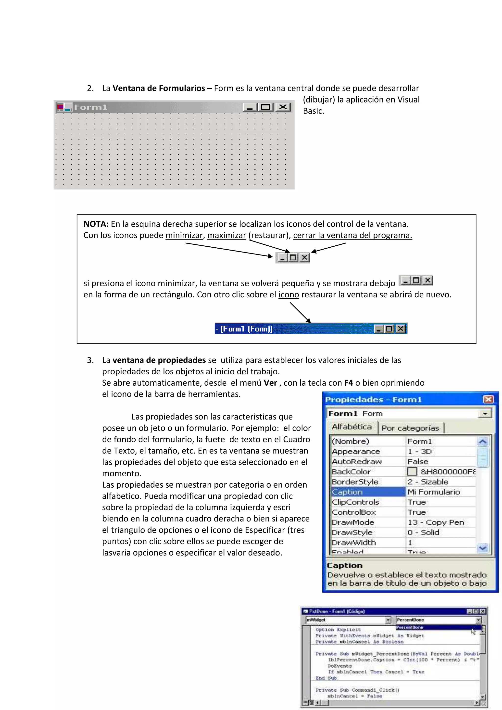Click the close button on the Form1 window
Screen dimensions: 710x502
click(283, 107)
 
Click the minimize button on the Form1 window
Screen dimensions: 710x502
click(250, 107)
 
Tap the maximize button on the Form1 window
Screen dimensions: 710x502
click(265, 107)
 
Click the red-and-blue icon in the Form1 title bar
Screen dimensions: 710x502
click(64, 107)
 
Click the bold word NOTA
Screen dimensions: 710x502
click(96, 224)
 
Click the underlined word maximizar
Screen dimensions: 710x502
click(226, 235)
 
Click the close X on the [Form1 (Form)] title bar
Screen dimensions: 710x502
click(401, 329)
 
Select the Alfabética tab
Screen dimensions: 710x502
click(352, 427)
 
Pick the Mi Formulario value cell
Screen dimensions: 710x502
click(434, 492)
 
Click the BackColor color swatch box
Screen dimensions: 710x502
click(412, 472)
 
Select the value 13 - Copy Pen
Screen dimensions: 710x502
click(436, 522)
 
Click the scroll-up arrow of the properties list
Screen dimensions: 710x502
click(483, 442)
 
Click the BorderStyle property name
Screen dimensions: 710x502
click(355, 482)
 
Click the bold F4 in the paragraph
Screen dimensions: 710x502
click(348, 383)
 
